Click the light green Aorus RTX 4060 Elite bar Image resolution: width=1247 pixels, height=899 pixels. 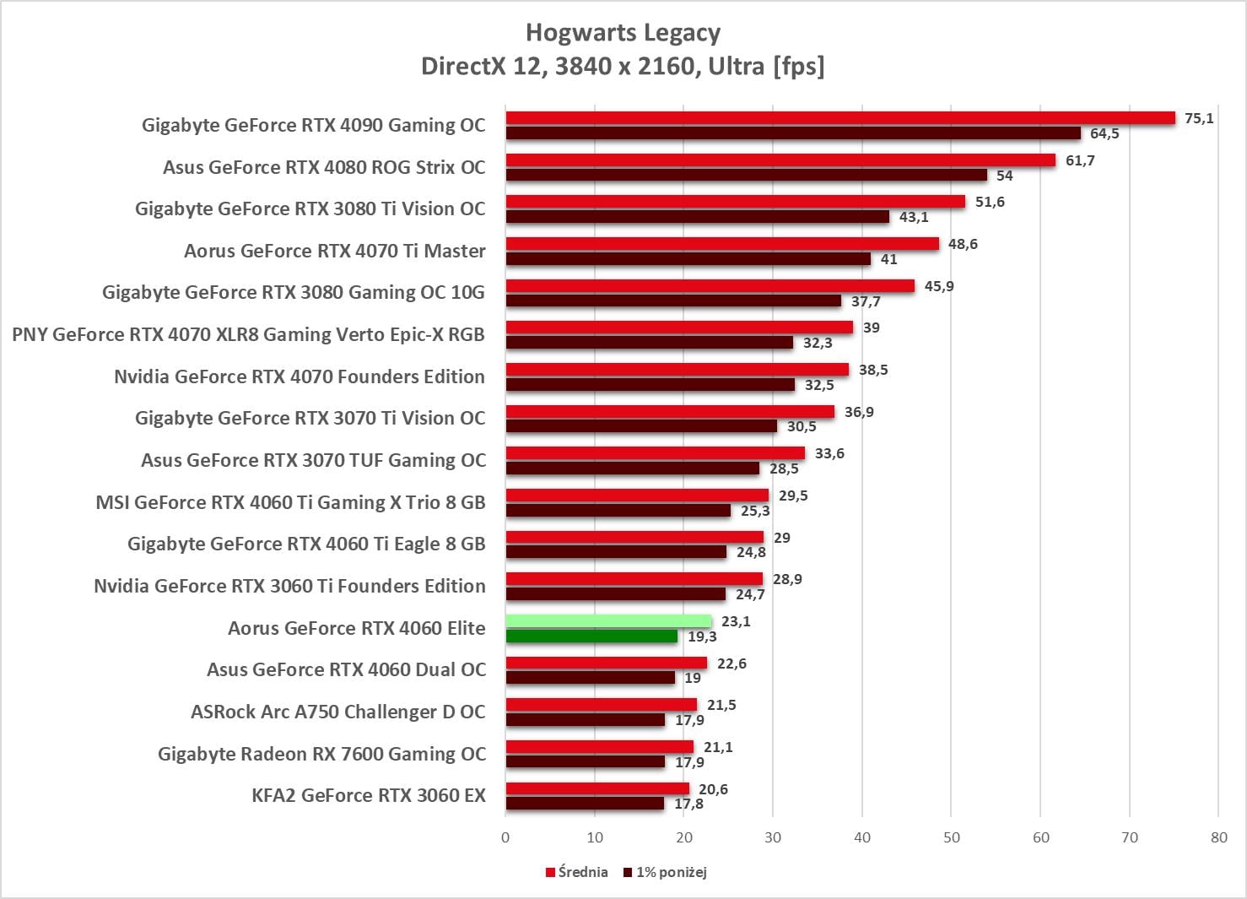click(608, 621)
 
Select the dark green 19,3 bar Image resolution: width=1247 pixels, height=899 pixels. click(591, 636)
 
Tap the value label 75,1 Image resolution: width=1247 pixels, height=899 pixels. click(1199, 118)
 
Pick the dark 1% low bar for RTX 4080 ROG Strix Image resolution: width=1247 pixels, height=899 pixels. click(747, 176)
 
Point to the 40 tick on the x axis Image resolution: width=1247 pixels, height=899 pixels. click(862, 837)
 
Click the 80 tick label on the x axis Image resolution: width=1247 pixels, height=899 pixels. click(1218, 837)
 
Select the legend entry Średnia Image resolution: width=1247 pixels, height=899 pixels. click(577, 872)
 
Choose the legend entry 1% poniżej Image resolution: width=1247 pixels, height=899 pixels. click(665, 872)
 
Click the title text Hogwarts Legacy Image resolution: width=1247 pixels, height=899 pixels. click(623, 33)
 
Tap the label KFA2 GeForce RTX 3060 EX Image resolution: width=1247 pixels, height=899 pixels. click(369, 795)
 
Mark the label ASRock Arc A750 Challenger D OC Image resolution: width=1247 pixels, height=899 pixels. click(338, 712)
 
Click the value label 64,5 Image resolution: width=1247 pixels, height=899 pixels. click(1104, 133)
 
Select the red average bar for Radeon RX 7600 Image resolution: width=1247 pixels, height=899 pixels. click(600, 747)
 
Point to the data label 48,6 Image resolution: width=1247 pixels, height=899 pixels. click(963, 244)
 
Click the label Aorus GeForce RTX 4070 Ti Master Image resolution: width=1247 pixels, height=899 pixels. click(335, 251)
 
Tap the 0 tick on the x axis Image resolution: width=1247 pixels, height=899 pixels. click(505, 837)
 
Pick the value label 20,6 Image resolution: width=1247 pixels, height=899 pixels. click(713, 789)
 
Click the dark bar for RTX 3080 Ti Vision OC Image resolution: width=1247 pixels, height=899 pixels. click(698, 217)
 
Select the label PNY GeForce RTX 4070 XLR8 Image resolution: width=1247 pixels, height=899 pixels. click(248, 334)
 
